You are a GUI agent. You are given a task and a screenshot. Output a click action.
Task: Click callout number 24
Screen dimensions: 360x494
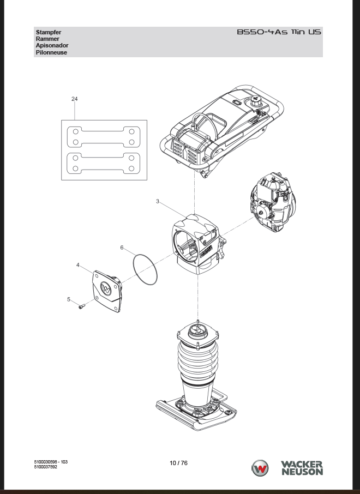[x=74, y=99]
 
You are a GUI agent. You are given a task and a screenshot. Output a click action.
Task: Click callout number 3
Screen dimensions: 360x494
[x=158, y=201]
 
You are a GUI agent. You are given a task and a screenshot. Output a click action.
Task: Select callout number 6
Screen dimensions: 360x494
[x=122, y=248]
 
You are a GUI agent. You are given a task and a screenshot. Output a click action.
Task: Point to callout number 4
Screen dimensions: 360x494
[x=78, y=265]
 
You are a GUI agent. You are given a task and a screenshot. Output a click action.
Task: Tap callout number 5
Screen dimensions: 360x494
[x=69, y=299]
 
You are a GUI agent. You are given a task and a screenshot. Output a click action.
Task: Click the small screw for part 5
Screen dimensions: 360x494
[x=82, y=306]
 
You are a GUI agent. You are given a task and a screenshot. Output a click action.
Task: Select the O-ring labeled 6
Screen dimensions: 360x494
[x=145, y=270]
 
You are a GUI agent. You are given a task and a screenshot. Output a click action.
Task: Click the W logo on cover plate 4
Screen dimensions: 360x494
[x=106, y=288]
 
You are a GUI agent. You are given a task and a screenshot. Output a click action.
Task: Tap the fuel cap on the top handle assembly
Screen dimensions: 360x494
[x=256, y=101]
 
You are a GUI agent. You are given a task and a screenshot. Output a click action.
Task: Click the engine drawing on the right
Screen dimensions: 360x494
[x=273, y=202]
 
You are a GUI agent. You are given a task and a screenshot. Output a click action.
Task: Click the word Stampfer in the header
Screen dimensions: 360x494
[x=49, y=32]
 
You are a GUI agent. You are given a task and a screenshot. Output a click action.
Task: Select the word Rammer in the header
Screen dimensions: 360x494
[x=47, y=39]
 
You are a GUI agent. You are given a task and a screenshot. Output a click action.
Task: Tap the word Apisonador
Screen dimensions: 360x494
[x=52, y=45]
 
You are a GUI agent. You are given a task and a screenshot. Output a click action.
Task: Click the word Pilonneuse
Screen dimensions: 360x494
[x=51, y=52]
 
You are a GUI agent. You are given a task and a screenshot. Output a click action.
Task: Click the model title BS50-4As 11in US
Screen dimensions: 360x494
[x=279, y=32]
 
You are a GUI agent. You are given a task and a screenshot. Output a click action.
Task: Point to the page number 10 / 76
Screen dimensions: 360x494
[x=178, y=463]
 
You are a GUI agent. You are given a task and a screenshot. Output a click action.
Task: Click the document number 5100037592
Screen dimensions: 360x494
[x=46, y=467]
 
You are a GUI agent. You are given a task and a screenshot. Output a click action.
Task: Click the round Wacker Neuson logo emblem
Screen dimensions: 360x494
[x=260, y=468]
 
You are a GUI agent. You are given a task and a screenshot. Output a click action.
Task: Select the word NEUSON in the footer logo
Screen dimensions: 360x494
[x=302, y=472]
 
